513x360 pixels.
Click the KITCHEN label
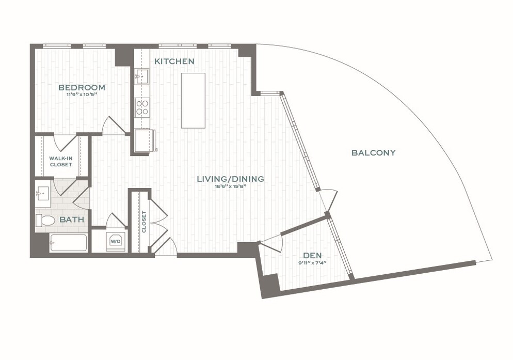coord(174,61)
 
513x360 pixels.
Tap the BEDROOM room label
coord(82,87)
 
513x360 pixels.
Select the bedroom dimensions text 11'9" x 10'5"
coord(82,95)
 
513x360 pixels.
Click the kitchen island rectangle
coord(193,100)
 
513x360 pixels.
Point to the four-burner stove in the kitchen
coord(142,107)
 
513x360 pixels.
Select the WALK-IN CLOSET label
coord(61,161)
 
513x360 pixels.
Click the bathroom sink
coord(42,194)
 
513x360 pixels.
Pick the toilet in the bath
coord(45,221)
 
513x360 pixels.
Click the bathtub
coord(68,243)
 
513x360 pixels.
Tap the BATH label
coord(72,220)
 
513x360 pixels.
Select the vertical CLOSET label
coord(144,222)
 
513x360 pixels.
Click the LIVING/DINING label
coord(230,179)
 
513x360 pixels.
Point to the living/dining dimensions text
coord(230,186)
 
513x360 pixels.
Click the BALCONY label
coord(373,152)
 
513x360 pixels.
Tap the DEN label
coord(312,255)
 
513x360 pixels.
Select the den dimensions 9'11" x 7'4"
coord(312,262)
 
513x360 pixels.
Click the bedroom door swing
coord(114,126)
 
